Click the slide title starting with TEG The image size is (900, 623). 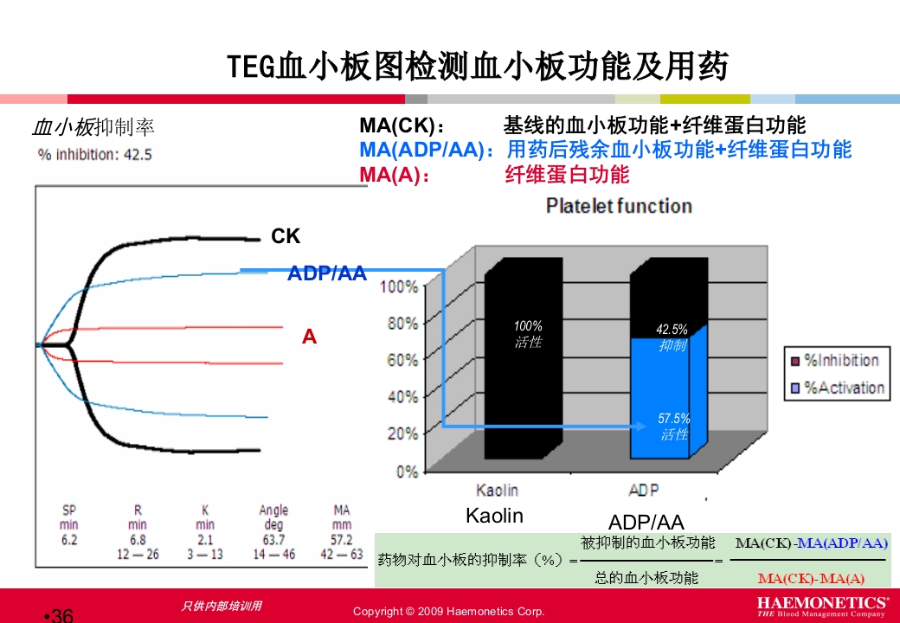tap(478, 67)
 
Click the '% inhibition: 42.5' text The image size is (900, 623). tap(95, 155)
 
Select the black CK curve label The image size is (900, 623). tap(286, 236)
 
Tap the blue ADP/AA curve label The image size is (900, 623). tap(327, 274)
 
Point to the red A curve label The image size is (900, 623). tap(309, 337)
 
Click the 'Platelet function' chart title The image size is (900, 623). tap(619, 206)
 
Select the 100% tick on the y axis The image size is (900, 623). tap(400, 286)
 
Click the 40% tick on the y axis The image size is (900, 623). tap(402, 397)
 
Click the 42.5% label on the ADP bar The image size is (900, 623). tap(672, 330)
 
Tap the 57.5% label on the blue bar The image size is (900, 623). tap(673, 419)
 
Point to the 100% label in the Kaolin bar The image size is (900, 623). tap(528, 326)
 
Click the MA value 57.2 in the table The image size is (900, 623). tap(342, 540)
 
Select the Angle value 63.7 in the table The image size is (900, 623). tap(273, 540)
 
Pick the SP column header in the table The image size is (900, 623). tap(69, 511)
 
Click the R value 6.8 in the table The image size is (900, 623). tap(138, 540)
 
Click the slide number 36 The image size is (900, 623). tap(61, 615)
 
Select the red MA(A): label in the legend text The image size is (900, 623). tap(395, 175)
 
